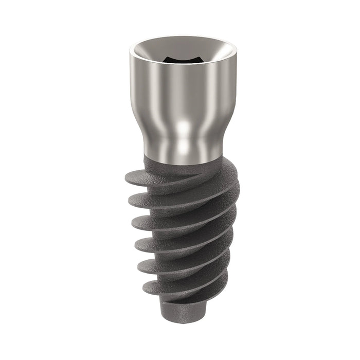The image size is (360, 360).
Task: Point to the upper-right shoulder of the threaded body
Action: (x=226, y=170)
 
